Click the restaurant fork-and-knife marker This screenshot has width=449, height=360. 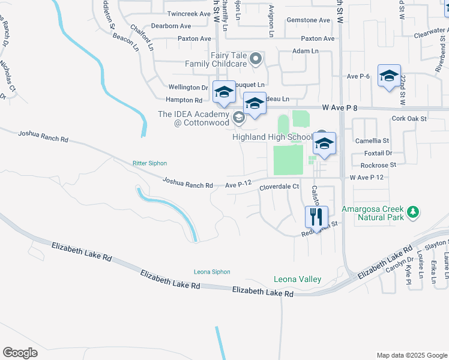316,215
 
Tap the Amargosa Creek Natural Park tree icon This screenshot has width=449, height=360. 412,212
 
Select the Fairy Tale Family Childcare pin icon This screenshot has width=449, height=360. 256,59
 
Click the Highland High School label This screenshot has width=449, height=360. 273,137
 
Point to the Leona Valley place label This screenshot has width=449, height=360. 298,279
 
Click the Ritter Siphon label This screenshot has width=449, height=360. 149,163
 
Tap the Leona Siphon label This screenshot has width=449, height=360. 212,272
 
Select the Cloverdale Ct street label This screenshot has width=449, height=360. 279,187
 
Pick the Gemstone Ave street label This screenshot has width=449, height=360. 309,20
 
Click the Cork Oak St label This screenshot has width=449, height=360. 408,119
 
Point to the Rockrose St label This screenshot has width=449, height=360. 380,164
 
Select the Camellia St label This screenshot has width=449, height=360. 372,140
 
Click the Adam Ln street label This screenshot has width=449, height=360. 305,52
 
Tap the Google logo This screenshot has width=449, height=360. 20,353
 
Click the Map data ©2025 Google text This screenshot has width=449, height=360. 411,355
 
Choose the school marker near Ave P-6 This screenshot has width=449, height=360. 389,76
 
